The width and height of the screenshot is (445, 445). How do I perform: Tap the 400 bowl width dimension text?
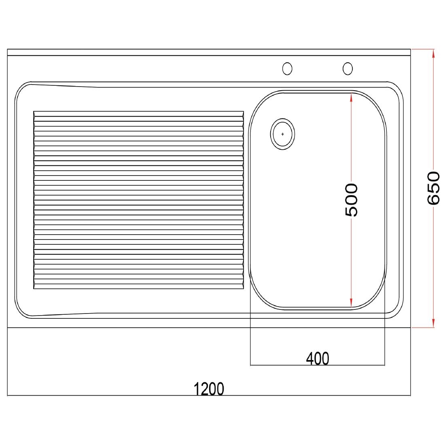318,358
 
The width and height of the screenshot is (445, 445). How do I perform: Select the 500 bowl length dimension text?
351,200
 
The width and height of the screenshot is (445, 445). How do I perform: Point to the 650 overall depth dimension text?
433,188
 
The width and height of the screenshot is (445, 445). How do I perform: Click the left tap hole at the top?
287,68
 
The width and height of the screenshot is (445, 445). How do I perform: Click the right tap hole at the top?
348,68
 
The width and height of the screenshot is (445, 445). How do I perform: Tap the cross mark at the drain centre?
282,134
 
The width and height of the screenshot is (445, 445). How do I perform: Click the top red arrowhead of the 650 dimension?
433,53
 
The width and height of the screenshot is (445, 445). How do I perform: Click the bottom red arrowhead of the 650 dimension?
433,323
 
